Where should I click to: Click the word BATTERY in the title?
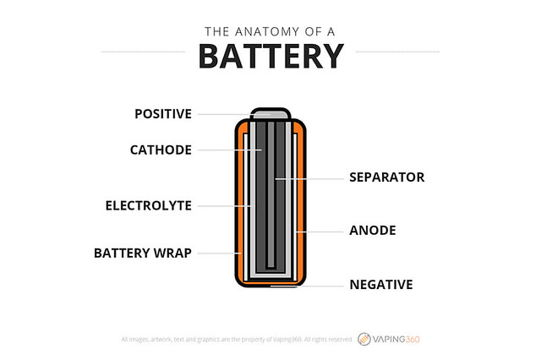pyautogui.click(x=270, y=56)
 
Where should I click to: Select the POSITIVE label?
pyautogui.click(x=163, y=113)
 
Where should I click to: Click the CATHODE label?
pyautogui.click(x=161, y=150)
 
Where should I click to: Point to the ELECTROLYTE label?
pyautogui.click(x=149, y=205)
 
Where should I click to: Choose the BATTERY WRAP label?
pyautogui.click(x=143, y=252)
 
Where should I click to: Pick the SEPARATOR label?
pyautogui.click(x=387, y=177)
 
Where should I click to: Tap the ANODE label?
pyautogui.click(x=373, y=230)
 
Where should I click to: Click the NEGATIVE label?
pyautogui.click(x=381, y=285)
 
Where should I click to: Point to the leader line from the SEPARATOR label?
pyautogui.click(x=313, y=177)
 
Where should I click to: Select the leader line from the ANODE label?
pyautogui.click(x=321, y=230)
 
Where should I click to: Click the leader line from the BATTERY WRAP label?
pyautogui.click(x=217, y=252)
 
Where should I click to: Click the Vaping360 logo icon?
pyautogui.click(x=364, y=339)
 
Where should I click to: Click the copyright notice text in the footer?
pyautogui.click(x=236, y=340)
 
